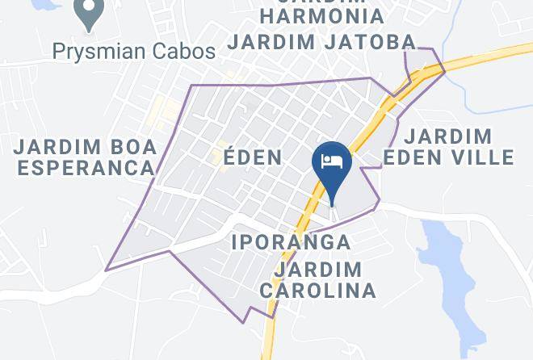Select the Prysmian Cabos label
pyautogui.click(x=134, y=52)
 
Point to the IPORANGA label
pyautogui.click(x=291, y=241)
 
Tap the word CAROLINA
pyautogui.click(x=318, y=290)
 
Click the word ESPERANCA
pyautogui.click(x=86, y=168)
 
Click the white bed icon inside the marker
pyautogui.click(x=331, y=160)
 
